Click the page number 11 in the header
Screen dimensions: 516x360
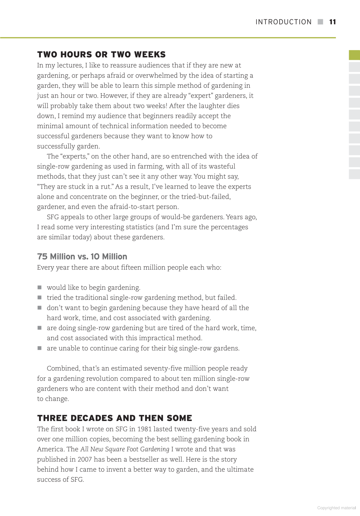tap(332, 22)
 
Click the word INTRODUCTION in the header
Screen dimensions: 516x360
tap(283, 22)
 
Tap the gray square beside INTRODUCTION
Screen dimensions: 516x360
tap(320, 22)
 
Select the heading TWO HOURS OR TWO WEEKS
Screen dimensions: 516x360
tap(102, 54)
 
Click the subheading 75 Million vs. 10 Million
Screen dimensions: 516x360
tap(82, 256)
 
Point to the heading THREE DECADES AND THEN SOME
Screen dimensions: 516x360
tap(115, 418)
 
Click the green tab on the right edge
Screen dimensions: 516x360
tap(354, 55)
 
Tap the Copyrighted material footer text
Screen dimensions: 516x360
tap(336, 508)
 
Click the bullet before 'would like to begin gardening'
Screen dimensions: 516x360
tap(40, 287)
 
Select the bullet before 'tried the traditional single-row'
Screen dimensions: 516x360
tap(40, 298)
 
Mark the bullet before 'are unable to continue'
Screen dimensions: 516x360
tap(40, 348)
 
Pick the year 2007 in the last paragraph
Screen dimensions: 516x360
tap(85, 459)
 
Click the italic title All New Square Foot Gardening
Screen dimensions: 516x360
tap(125, 449)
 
